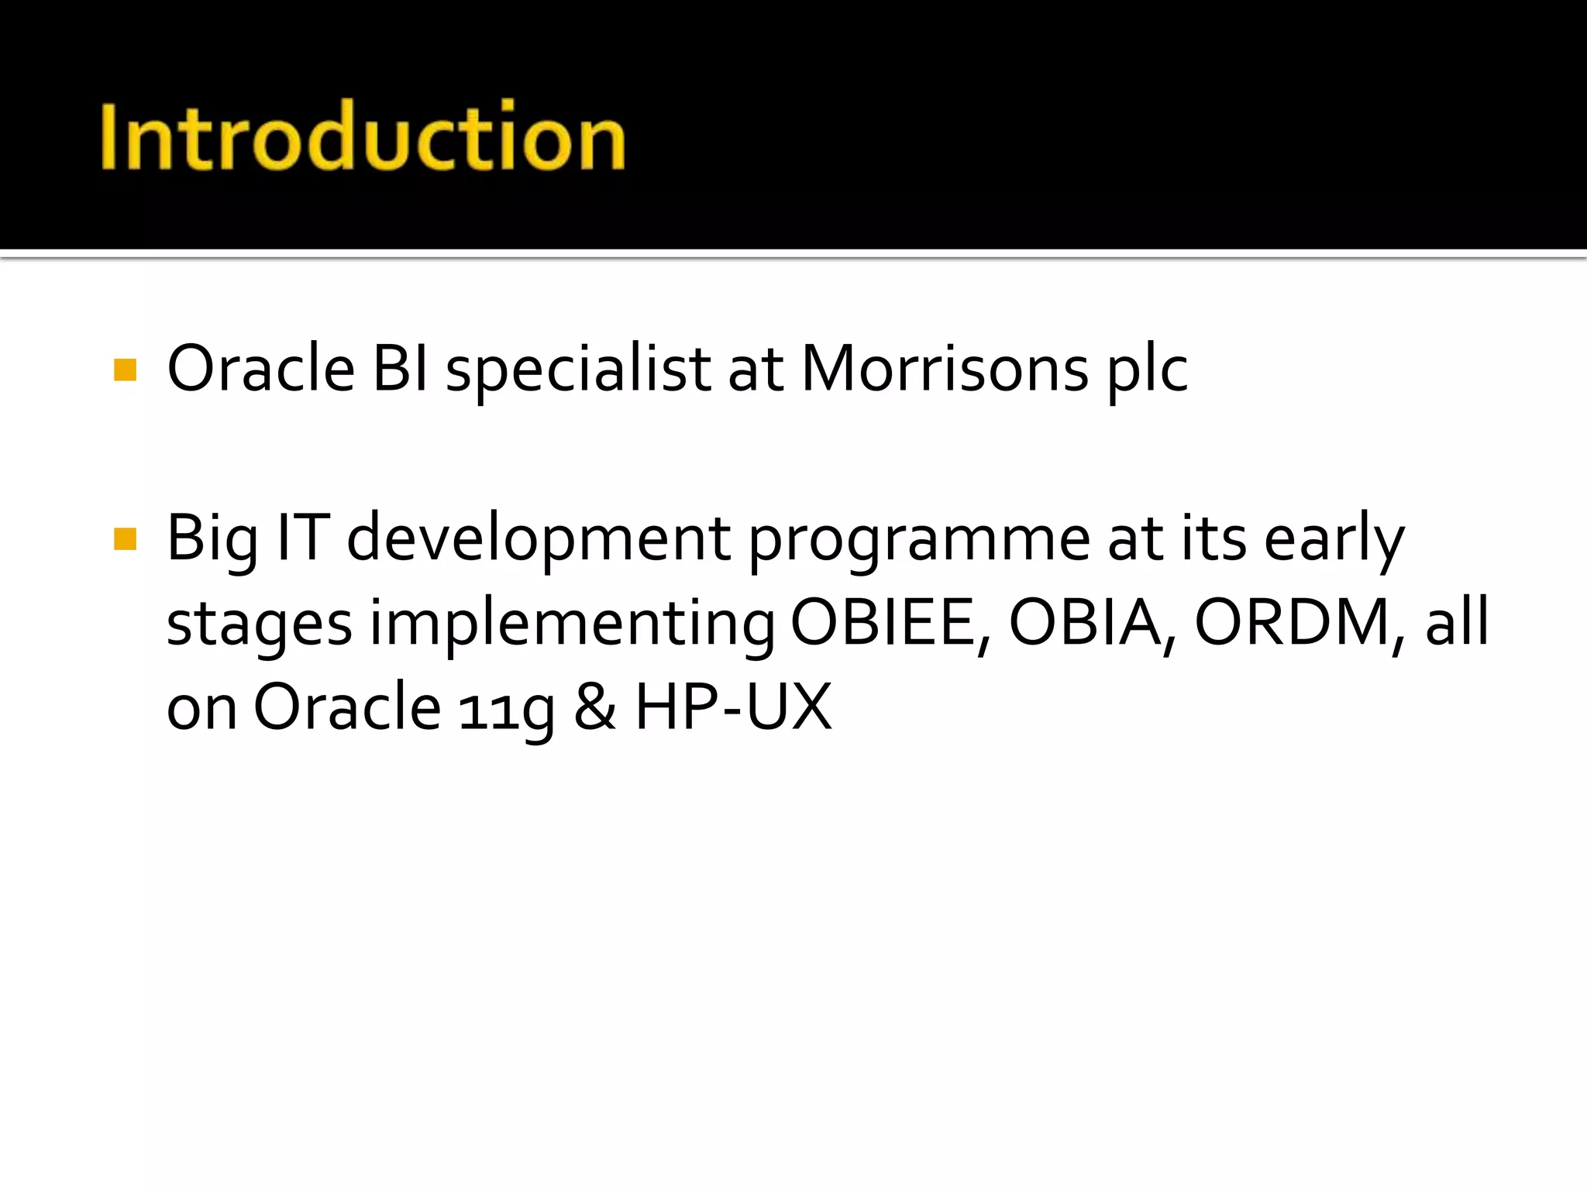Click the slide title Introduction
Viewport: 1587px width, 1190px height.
click(x=363, y=137)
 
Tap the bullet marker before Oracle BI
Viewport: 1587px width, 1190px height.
click(x=125, y=370)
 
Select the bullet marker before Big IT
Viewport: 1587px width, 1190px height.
click(x=125, y=538)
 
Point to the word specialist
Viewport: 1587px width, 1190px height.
click(x=578, y=370)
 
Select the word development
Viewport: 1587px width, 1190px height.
click(x=538, y=538)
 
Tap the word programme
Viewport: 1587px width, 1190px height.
click(x=919, y=540)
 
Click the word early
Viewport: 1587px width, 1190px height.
click(x=1334, y=540)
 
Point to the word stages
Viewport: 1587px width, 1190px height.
click(x=260, y=624)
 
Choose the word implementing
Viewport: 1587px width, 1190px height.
click(x=571, y=624)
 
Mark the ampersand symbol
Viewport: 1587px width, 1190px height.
click(x=595, y=707)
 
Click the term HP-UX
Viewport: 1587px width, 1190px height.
click(x=733, y=707)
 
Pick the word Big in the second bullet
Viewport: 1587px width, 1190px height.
click(x=212, y=540)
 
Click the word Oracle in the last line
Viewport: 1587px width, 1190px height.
click(x=347, y=707)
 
